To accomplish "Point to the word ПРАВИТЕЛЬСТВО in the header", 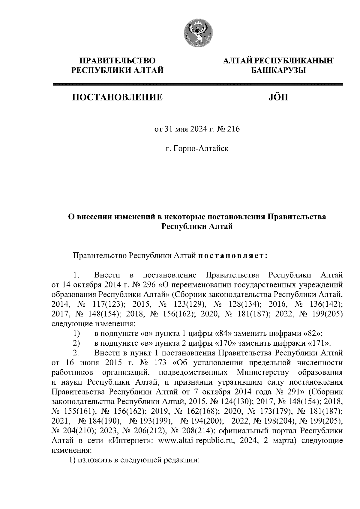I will pos(117,61).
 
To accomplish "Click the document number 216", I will pos(234,129).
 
